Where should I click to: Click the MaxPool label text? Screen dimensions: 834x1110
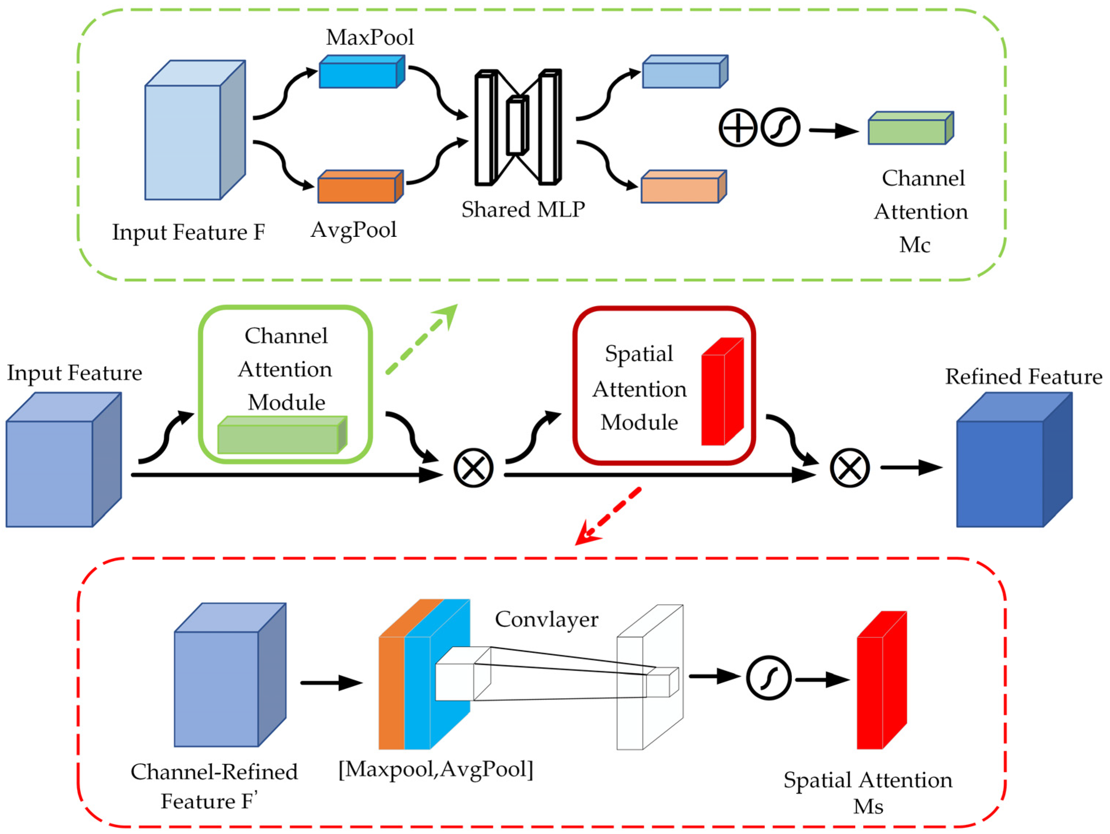click(x=370, y=37)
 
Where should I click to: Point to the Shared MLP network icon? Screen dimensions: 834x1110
click(x=518, y=127)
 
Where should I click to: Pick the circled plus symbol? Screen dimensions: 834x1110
click(x=738, y=128)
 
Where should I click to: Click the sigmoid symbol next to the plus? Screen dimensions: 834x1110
click(x=780, y=128)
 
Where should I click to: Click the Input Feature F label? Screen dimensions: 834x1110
click(x=188, y=232)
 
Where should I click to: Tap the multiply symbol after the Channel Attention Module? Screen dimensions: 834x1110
click(x=473, y=468)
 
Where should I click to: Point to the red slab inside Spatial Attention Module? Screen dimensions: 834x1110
click(x=722, y=392)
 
